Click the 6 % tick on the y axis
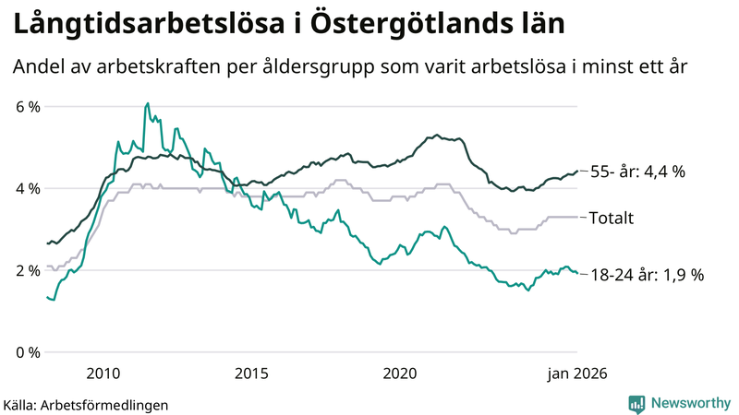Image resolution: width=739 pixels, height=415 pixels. point(28,107)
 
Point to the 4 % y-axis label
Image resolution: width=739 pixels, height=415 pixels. point(28,189)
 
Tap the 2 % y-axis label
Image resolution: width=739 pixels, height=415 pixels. point(28,271)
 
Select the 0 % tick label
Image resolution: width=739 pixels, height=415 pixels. point(28,353)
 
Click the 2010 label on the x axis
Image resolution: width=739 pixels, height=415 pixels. point(103,373)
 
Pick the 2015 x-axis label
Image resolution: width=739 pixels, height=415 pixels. point(251,373)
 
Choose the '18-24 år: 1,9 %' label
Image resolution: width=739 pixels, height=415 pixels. point(647,275)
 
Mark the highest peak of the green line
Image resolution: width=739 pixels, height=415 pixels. point(148,103)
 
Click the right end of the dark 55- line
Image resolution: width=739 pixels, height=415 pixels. point(577,171)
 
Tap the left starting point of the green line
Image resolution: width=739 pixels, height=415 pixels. point(47,297)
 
